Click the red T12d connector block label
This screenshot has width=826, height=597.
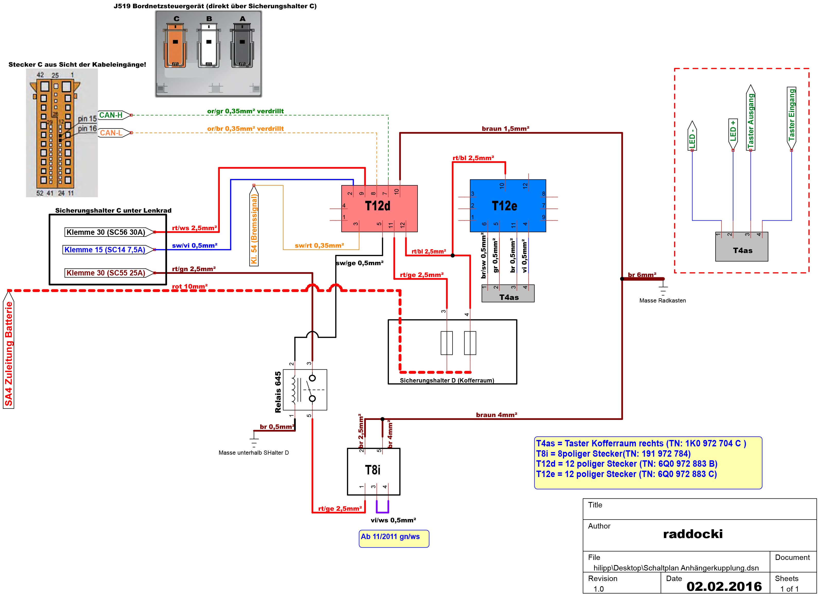[x=377, y=206]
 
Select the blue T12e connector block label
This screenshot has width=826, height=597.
[x=505, y=206]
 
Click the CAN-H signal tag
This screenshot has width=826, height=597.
[x=114, y=115]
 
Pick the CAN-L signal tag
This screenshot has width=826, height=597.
[x=114, y=133]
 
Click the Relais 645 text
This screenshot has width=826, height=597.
[x=278, y=392]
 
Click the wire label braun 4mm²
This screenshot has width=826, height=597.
[x=497, y=415]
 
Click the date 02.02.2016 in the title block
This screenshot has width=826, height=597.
[x=724, y=586]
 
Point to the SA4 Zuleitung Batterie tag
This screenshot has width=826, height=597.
[x=8, y=349]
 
